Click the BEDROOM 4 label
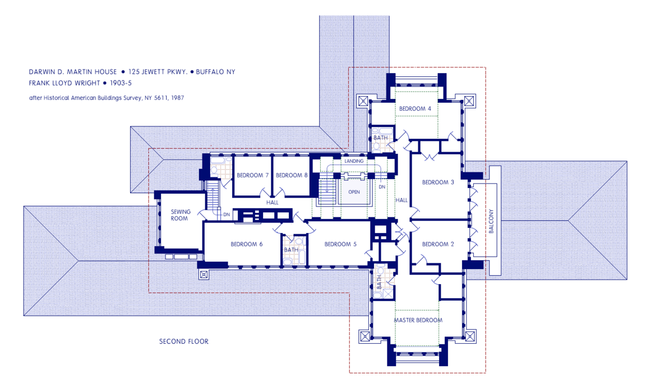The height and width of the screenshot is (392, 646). click(415, 108)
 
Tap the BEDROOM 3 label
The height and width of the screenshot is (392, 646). click(438, 182)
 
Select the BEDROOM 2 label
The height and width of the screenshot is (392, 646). click(438, 244)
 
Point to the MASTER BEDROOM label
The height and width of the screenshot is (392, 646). click(418, 320)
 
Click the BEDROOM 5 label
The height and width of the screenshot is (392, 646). click(340, 244)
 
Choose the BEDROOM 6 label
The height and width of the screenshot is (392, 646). click(246, 244)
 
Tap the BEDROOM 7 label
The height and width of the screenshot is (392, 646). click(252, 175)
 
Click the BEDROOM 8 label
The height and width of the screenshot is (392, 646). click(292, 175)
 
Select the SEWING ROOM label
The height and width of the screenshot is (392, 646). click(181, 215)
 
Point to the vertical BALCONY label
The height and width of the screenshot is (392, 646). click(491, 221)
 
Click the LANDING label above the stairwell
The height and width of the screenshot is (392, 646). click(354, 161)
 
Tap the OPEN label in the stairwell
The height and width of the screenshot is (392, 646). click(354, 192)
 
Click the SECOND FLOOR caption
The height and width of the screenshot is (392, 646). click(184, 341)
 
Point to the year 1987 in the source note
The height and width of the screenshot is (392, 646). click(178, 98)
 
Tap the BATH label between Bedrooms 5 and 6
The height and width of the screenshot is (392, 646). click(291, 250)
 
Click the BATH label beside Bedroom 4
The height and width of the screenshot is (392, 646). click(380, 138)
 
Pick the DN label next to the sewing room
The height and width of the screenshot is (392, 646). click(226, 215)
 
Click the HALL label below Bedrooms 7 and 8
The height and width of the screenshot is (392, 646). click(273, 202)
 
